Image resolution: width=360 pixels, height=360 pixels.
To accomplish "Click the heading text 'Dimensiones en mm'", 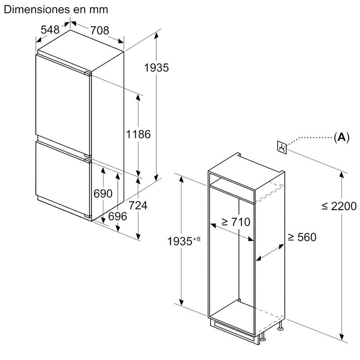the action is tap(56, 9).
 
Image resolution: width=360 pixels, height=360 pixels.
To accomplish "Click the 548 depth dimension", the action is tap(50, 30).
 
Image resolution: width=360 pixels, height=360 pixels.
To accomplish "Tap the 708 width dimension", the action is tap(99, 31).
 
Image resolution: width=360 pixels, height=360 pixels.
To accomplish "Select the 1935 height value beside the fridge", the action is tap(156, 68).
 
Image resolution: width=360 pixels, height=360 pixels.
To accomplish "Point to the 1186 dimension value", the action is tap(138, 134).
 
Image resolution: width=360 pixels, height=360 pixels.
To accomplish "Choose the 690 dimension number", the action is tap(103, 193).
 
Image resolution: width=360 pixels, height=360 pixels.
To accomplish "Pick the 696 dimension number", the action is tap(117, 216).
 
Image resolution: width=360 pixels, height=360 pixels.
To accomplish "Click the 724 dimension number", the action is tap(138, 206).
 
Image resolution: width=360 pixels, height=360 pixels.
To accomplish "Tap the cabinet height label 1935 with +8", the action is tap(184, 241).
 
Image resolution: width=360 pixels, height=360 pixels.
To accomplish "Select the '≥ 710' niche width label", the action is tap(236, 222).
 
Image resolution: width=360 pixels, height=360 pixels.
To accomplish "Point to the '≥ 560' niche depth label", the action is tap(302, 237).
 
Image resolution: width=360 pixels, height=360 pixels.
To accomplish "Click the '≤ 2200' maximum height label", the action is tap(339, 206).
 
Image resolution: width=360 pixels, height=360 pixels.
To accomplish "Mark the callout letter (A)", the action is tap(342, 137).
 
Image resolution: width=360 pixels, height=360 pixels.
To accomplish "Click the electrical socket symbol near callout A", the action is tap(282, 148).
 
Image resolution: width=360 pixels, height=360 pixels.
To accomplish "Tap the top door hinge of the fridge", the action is tap(88, 73).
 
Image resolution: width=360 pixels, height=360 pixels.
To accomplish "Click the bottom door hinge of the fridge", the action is tap(88, 216).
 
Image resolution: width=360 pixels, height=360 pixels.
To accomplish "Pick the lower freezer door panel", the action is tap(63, 179).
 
